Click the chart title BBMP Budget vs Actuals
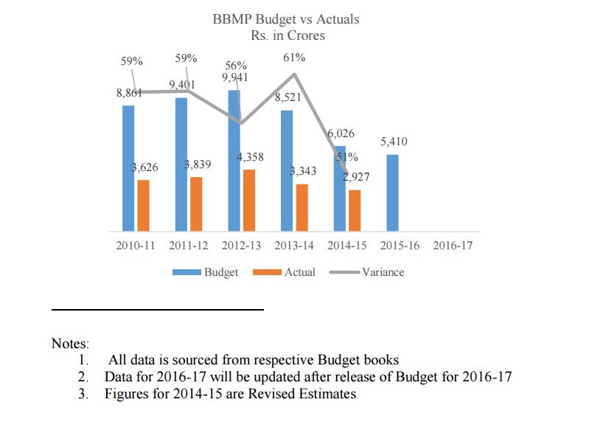coord(286,18)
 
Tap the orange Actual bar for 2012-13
coord(249,200)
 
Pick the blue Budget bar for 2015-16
coord(393,192)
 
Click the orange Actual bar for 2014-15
coord(355,210)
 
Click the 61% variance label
coord(294,58)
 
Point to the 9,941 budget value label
coord(234,77)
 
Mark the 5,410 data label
coord(394,142)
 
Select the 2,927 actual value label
coord(357,178)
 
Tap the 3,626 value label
coord(144,168)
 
